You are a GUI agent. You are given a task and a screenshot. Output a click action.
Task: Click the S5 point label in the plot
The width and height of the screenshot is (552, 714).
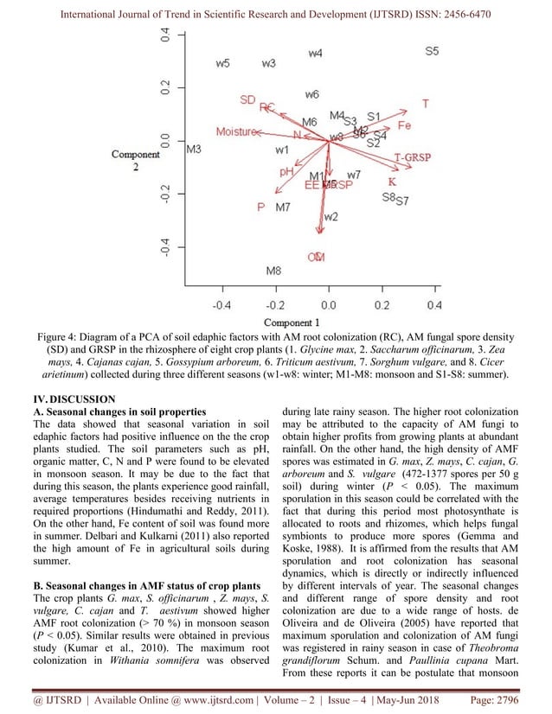coord(432,52)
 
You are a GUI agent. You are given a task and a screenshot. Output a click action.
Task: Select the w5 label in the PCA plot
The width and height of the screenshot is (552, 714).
coord(222,64)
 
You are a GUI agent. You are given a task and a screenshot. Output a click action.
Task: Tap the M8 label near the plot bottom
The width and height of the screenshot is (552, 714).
coord(273,271)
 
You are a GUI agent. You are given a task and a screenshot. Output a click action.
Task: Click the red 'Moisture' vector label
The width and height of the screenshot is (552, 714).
coord(236,132)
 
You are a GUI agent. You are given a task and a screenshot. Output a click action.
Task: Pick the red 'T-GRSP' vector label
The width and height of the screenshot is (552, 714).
coord(413,158)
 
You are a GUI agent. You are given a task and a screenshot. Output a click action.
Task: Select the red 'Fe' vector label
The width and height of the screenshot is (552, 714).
coord(404,126)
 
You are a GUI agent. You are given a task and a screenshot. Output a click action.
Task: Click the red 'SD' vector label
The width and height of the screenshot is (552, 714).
coord(247,100)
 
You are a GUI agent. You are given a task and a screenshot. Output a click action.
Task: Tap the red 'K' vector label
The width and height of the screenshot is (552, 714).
coord(392,182)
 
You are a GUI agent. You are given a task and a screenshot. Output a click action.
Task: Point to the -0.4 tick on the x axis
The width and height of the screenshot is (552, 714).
coord(221,305)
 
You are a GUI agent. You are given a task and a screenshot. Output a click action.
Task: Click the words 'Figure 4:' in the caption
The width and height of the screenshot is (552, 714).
coord(61,338)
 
